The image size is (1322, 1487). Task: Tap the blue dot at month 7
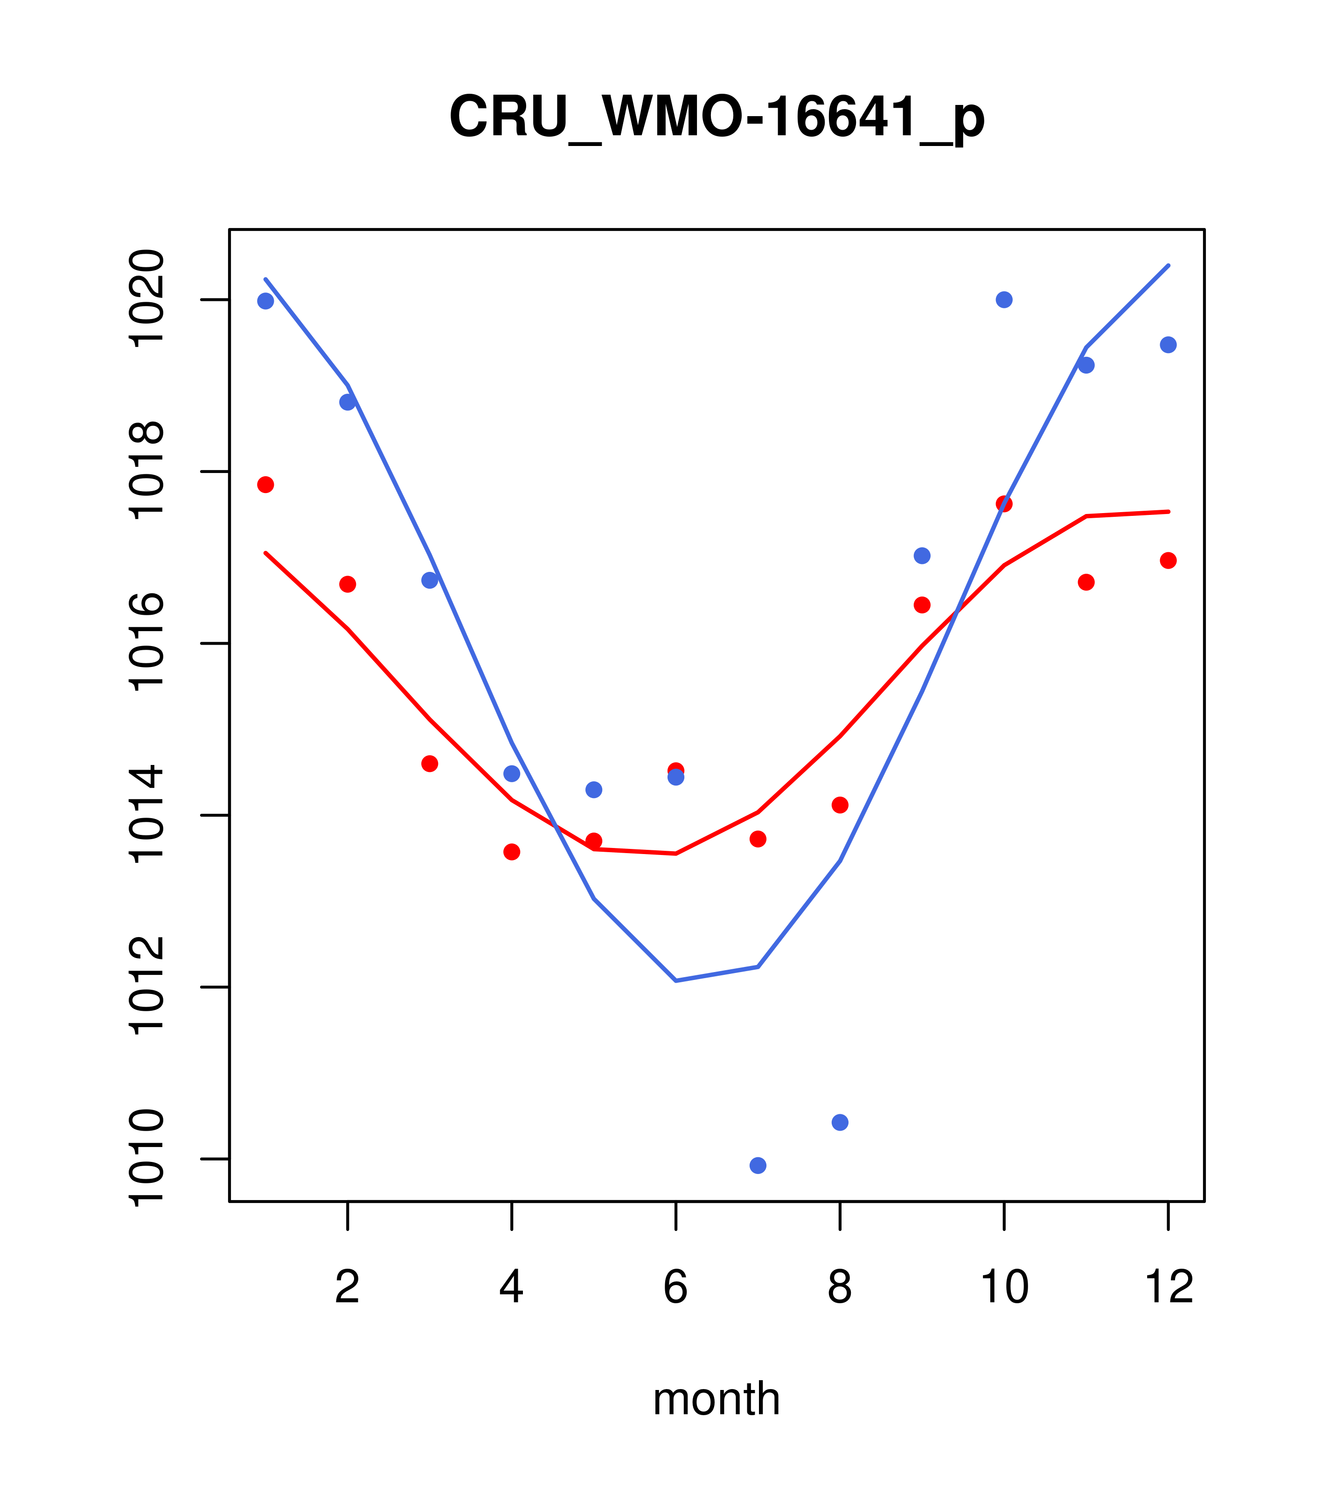coord(758,1166)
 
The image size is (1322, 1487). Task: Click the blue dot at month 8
coord(840,1123)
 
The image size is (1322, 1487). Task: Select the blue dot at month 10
coord(1004,300)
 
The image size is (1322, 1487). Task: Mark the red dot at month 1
coord(265,485)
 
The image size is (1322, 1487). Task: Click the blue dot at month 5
coord(594,789)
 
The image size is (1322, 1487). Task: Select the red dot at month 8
coord(840,805)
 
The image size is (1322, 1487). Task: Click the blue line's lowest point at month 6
coord(676,980)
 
